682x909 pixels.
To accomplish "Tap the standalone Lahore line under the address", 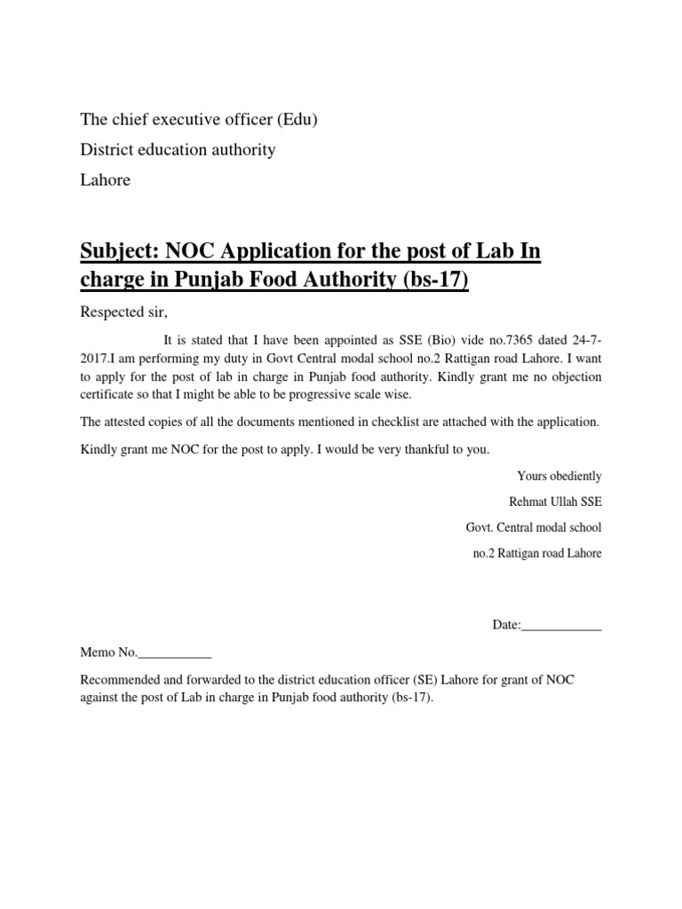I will tap(106, 180).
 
